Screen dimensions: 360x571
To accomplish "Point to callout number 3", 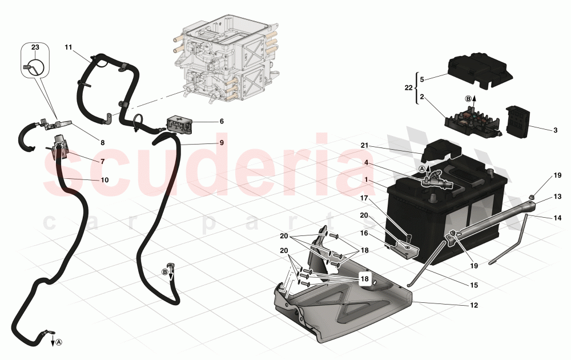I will (x=555, y=130).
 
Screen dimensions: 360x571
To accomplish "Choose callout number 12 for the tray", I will (x=473, y=305).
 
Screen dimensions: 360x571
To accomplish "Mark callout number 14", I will (x=557, y=218).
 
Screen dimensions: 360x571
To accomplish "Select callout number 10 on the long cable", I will (x=104, y=180).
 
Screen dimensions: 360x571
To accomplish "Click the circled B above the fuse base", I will (x=469, y=98).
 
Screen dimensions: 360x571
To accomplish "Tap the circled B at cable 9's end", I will (x=165, y=271).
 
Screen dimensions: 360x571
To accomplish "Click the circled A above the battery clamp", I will (x=422, y=169).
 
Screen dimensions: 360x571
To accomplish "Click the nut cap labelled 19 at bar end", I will (x=531, y=198).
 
